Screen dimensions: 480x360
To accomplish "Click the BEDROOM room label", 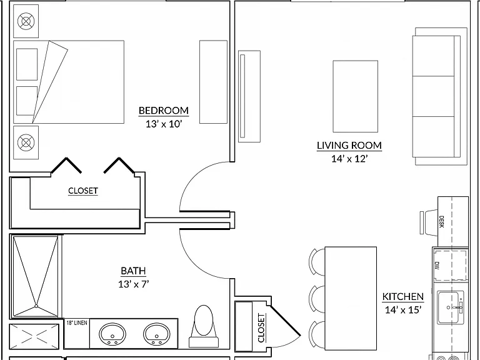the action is coord(164,110).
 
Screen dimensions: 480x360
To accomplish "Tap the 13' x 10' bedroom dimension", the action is coord(164,124).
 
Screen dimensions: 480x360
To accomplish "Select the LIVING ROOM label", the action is coord(349,145).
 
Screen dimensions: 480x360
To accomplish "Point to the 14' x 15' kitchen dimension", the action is coord(403,310).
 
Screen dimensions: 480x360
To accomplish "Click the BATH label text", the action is coord(133,271).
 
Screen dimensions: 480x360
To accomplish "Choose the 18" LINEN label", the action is coord(77,322).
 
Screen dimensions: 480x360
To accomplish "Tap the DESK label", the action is coord(441,222).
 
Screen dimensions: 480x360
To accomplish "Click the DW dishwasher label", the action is coord(437,266).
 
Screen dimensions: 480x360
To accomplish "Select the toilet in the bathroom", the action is coord(204,326).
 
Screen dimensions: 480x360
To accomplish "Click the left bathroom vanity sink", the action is coord(112,334).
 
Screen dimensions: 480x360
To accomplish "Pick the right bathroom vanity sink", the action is coord(157,334).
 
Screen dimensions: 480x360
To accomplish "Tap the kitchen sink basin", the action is coord(448,307).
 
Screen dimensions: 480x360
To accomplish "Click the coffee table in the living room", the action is coord(356,96).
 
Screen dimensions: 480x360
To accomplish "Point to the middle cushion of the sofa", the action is coord(433,96).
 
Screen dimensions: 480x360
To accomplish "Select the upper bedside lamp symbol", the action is coord(26,21).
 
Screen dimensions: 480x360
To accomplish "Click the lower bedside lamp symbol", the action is coord(26,142).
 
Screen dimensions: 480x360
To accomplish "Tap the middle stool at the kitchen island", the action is coord(317,299).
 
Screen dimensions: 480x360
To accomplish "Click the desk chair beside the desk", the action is coord(429,222).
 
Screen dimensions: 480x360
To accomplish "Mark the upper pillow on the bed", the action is coord(27,64).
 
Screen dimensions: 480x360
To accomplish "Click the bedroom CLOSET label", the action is coord(83,191).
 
